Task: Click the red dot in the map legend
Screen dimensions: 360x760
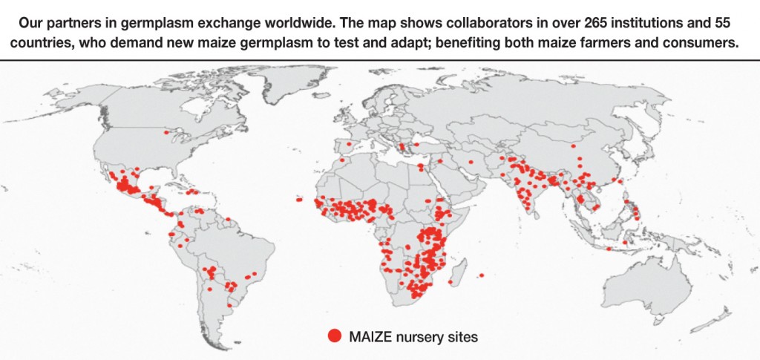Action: click(x=335, y=336)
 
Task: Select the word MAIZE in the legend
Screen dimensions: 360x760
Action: click(x=369, y=336)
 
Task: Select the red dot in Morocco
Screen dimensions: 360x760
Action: click(x=341, y=159)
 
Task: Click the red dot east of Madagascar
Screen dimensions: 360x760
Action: click(x=482, y=276)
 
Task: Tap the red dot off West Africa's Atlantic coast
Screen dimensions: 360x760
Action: click(x=298, y=199)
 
